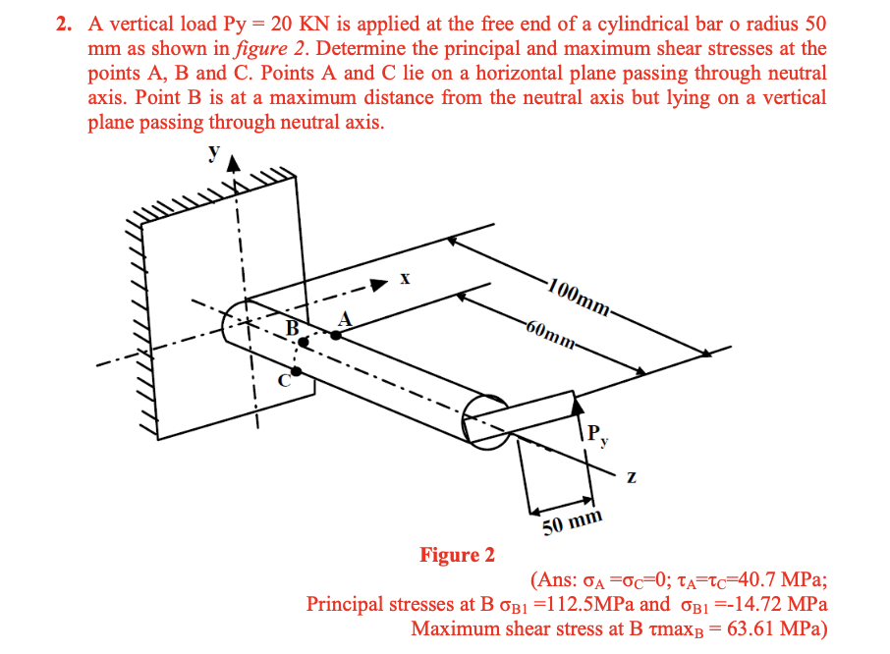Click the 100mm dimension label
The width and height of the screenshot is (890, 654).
(580, 296)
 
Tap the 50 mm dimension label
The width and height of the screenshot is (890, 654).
(572, 522)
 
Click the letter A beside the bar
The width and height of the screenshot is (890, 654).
(344, 317)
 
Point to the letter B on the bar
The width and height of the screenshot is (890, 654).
(291, 329)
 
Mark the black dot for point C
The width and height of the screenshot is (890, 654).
(299, 372)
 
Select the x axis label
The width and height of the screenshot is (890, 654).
(404, 279)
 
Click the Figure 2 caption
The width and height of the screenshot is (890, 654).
(457, 556)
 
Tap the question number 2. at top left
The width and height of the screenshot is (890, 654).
(65, 22)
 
